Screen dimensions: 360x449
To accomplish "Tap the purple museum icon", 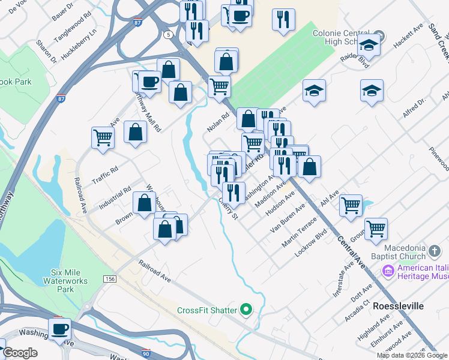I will tap(388, 271).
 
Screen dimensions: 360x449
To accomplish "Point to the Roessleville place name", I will tap(398, 306).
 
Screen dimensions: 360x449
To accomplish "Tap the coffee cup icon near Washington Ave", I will tap(60, 329).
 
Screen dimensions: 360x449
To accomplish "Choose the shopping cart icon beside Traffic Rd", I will tap(103, 137).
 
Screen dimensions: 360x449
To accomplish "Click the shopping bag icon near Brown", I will tap(144, 203).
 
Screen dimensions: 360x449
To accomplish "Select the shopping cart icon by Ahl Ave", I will tap(351, 205).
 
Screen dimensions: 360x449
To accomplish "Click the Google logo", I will tap(20, 353).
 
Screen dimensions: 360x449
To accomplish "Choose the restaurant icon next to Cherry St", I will tap(233, 192).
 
